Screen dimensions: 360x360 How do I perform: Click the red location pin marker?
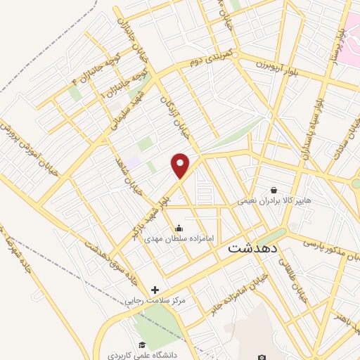(x=181, y=165)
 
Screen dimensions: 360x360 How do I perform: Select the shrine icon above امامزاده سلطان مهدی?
(x=179, y=228)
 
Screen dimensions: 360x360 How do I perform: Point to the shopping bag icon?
(x=274, y=190)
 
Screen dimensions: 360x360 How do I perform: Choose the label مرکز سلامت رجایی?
(x=155, y=300)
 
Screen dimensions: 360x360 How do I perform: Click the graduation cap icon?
(x=142, y=345)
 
